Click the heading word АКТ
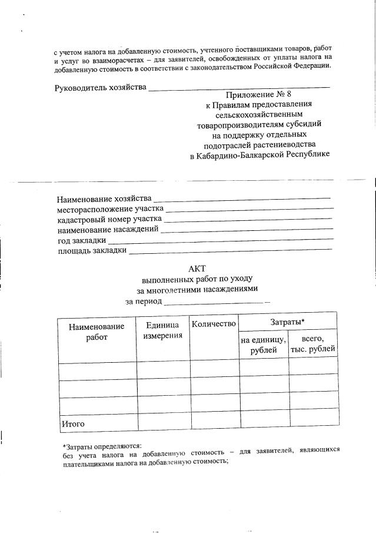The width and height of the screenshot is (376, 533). point(197,268)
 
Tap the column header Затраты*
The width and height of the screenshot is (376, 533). point(288,322)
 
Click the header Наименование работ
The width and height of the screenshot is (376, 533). point(97,332)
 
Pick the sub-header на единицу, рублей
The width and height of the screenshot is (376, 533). point(263,345)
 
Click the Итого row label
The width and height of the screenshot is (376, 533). point(74,423)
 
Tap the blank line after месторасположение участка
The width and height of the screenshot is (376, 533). point(249,208)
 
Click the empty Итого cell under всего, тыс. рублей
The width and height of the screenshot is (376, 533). point(313,423)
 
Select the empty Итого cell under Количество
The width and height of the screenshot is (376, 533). point(214,423)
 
